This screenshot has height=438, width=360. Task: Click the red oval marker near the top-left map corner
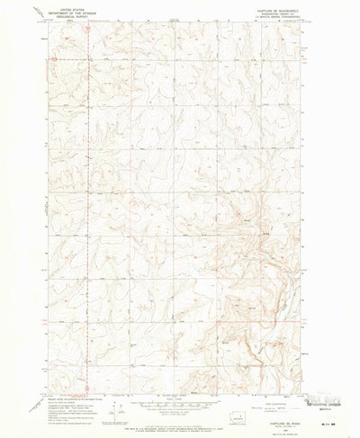click(55, 59)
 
